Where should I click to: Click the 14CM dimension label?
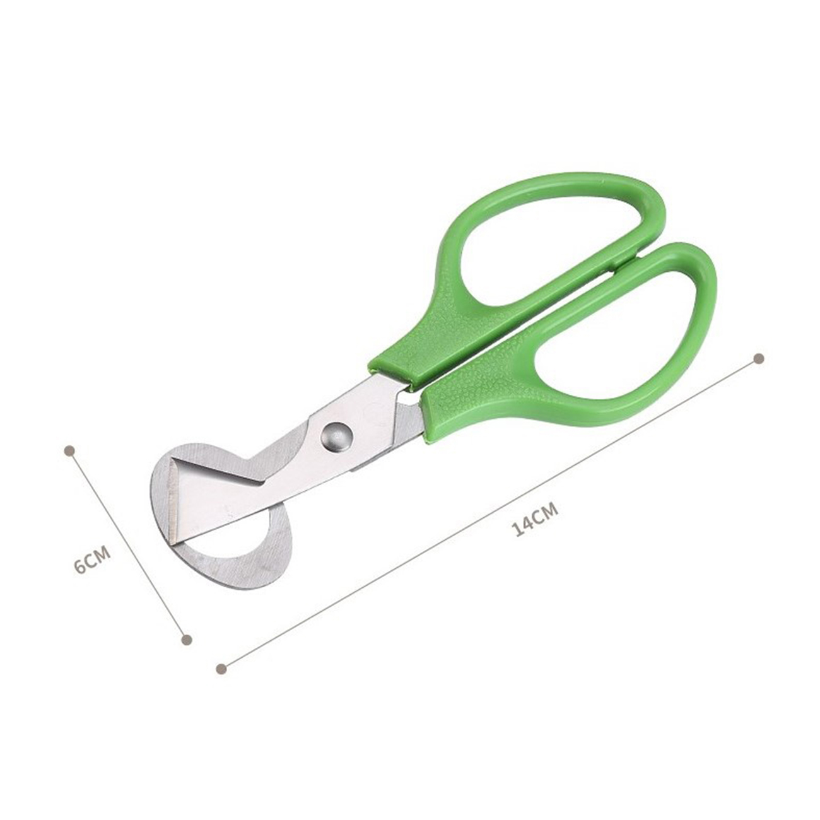534,518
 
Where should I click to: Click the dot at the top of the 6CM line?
69,450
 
